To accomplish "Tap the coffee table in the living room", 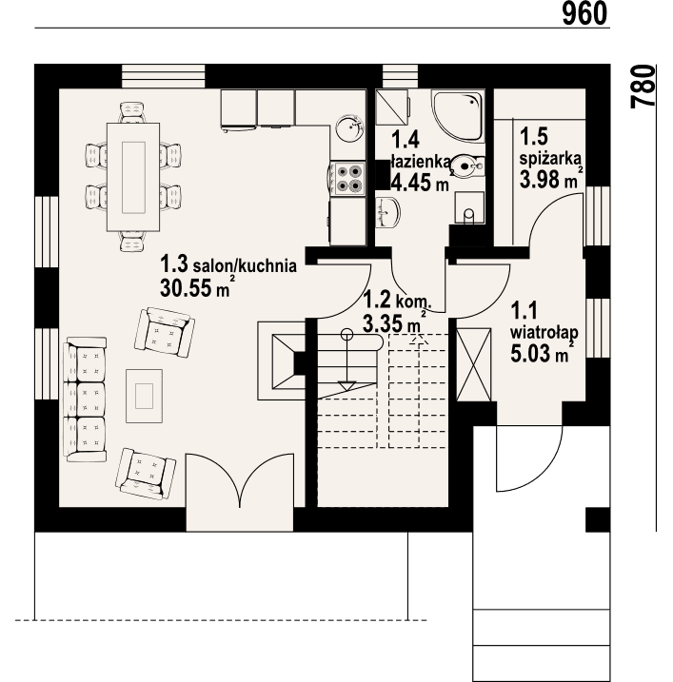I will [146, 394].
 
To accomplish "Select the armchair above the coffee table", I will [164, 330].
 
